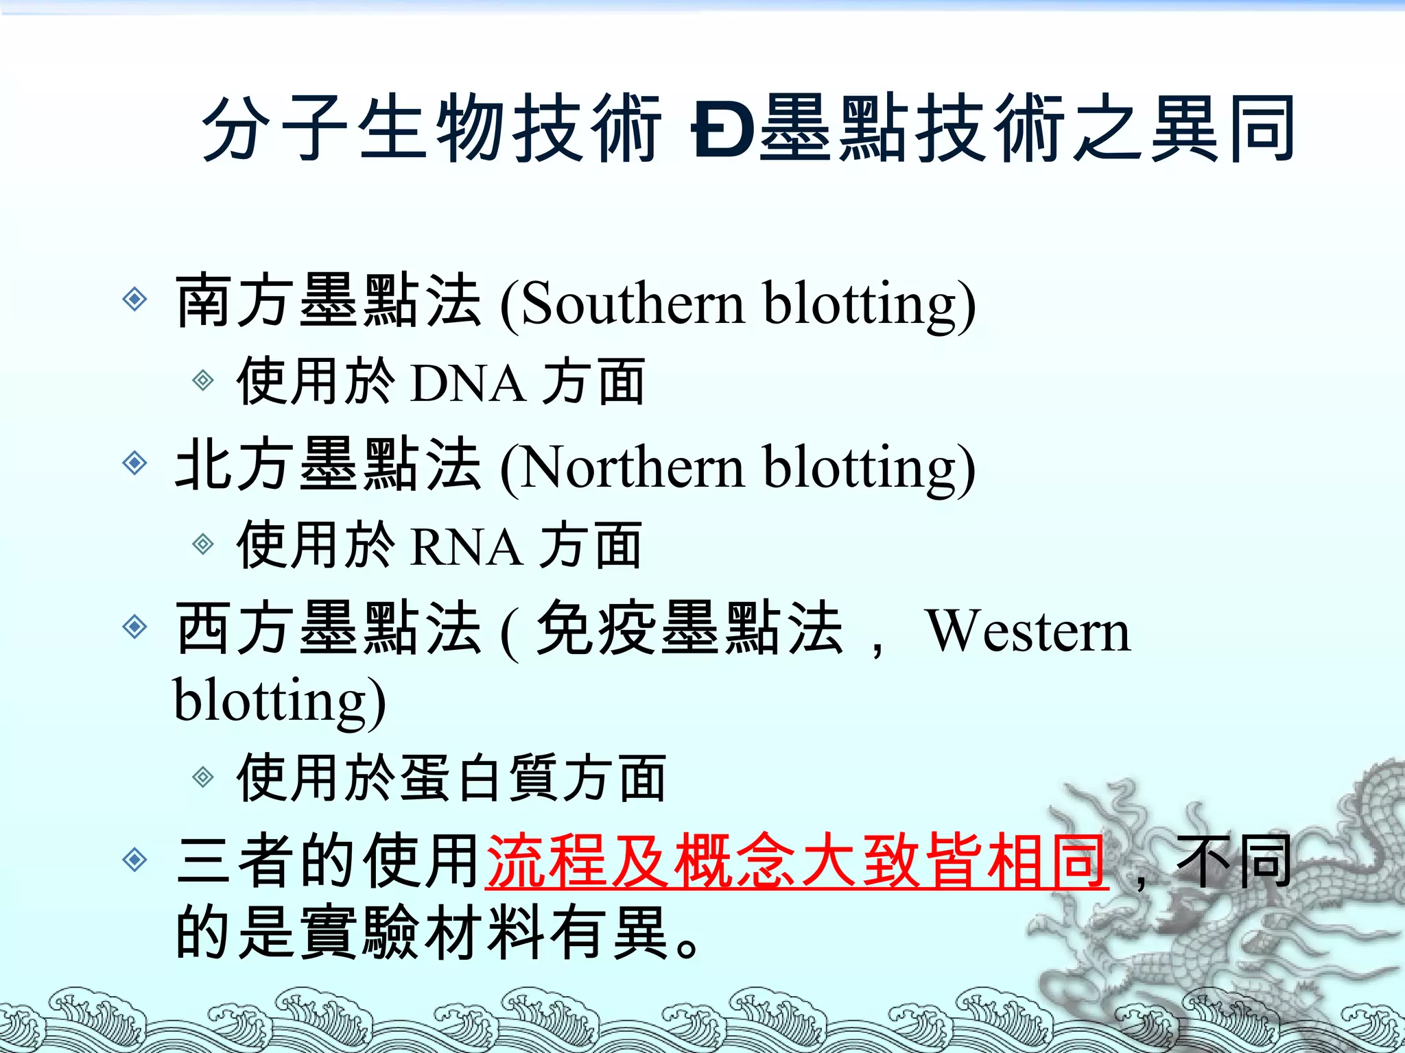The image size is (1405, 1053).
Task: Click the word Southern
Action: (x=633, y=304)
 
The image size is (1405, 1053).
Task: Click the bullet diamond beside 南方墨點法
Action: (x=134, y=299)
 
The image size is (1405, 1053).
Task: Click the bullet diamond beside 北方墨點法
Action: (x=134, y=463)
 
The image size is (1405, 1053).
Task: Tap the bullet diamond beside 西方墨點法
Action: (x=134, y=627)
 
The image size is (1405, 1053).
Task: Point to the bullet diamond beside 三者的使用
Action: (x=134, y=859)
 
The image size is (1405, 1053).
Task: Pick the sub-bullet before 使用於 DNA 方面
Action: (x=203, y=380)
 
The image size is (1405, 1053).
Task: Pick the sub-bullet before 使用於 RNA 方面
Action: (x=203, y=544)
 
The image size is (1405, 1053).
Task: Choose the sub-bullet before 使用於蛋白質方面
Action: (x=203, y=777)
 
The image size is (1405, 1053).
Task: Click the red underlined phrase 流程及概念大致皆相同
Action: (x=796, y=861)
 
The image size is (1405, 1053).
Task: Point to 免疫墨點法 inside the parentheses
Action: (x=689, y=629)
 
